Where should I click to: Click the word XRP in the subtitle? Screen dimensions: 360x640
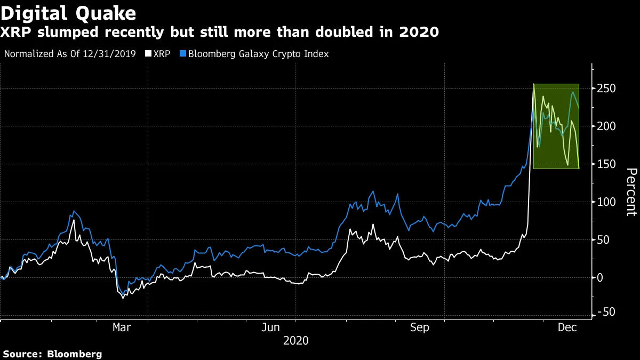click(x=16, y=33)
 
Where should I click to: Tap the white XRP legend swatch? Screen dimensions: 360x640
click(x=148, y=54)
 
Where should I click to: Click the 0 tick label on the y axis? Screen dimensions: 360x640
click(x=601, y=278)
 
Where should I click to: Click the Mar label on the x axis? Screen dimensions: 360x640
click(x=122, y=327)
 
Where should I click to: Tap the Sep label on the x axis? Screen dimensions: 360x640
click(x=420, y=327)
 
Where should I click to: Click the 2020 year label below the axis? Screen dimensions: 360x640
click(x=295, y=340)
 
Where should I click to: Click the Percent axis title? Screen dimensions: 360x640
click(x=631, y=191)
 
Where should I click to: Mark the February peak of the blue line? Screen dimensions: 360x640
click(x=73, y=212)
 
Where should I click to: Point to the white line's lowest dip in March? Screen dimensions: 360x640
click(x=123, y=298)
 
